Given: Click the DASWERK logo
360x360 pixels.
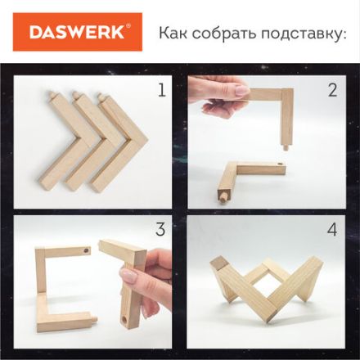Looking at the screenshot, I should [78, 32].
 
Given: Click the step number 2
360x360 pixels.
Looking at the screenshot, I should [331, 89].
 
